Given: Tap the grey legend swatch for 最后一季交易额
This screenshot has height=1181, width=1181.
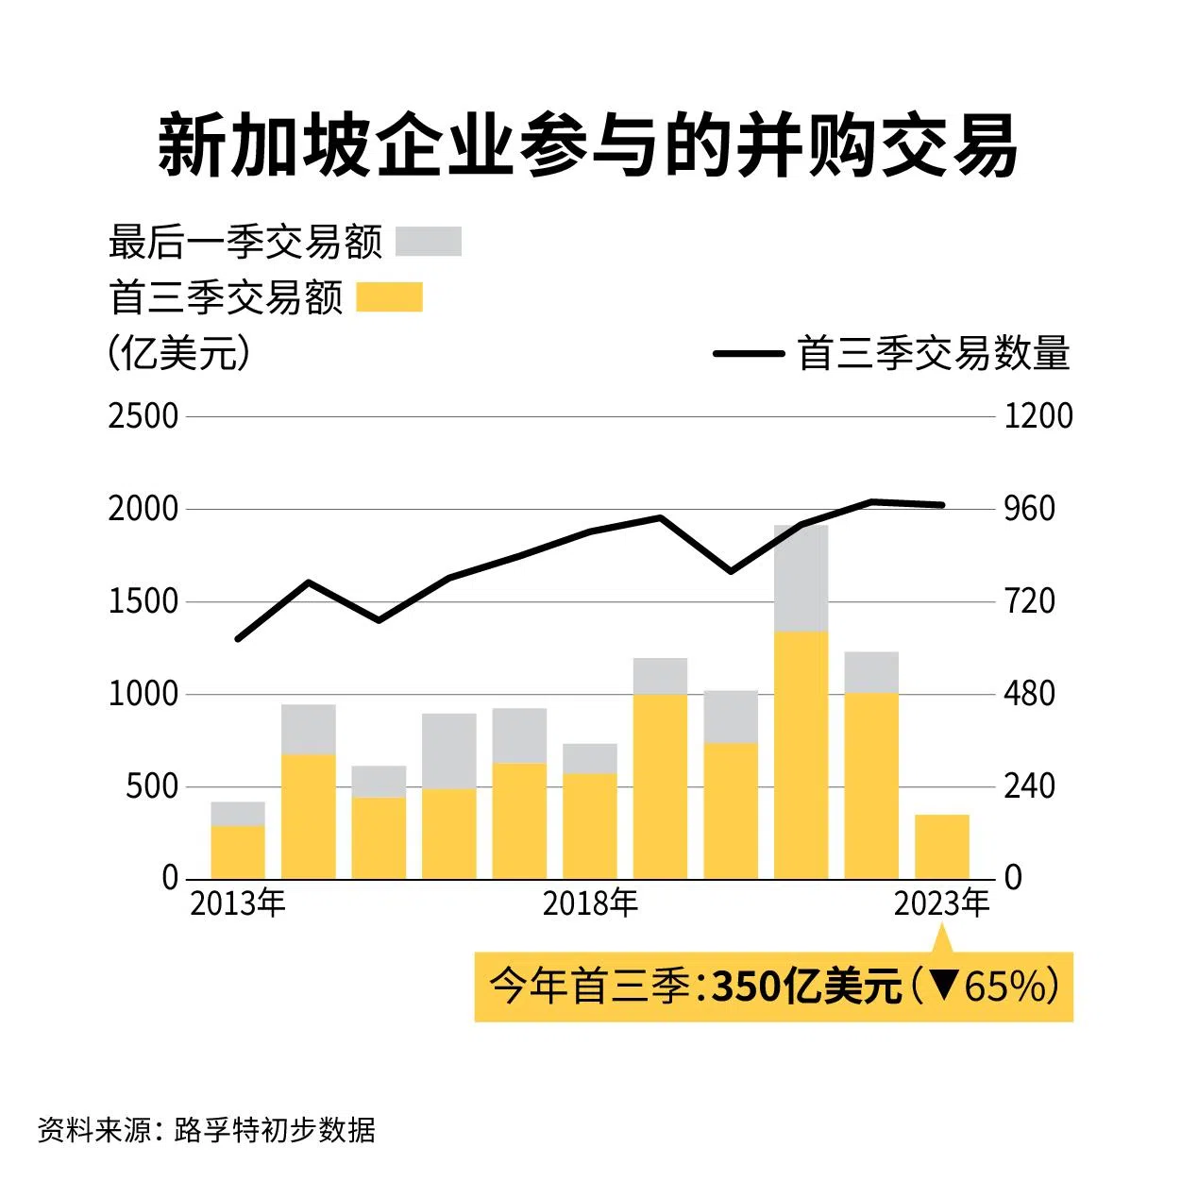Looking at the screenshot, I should click(x=428, y=242).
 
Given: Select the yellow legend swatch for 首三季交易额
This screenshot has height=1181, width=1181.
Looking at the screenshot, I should click(x=389, y=297).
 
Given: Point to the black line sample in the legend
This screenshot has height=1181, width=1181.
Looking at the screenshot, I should click(x=749, y=354).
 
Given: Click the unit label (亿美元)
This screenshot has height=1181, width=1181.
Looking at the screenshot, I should click(x=178, y=353).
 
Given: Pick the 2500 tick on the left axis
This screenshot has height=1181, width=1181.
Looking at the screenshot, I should click(x=143, y=416).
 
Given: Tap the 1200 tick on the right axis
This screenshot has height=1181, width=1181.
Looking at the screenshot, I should click(x=1038, y=416).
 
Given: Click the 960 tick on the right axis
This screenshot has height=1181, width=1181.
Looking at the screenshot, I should click(x=1029, y=509).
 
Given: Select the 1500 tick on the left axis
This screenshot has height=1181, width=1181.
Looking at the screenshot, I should click(x=143, y=601).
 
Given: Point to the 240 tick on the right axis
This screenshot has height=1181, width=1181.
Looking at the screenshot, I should click(x=1029, y=786).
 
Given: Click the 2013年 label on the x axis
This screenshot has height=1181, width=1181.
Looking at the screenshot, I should click(x=237, y=903).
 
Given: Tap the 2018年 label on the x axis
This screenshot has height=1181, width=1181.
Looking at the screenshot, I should click(x=590, y=903).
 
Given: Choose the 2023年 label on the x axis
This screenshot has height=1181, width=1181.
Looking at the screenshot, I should click(x=941, y=903).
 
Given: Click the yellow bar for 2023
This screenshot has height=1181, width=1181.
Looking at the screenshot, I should click(x=941, y=847).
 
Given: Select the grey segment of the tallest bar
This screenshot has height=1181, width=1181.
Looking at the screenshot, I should click(x=801, y=578).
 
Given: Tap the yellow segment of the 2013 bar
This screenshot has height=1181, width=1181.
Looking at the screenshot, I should click(x=237, y=852).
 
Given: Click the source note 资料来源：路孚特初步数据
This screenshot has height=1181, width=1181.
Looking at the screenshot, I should click(x=207, y=1129).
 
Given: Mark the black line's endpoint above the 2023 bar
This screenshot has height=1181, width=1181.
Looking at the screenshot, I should click(x=942, y=505).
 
